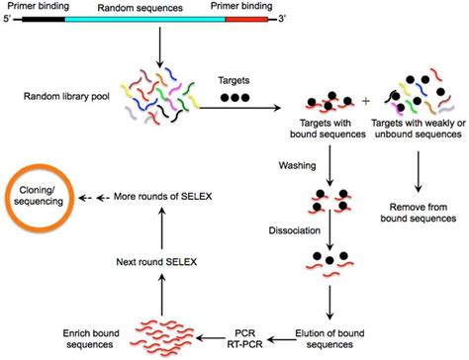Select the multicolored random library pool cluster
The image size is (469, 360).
pyautogui.click(x=156, y=98)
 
